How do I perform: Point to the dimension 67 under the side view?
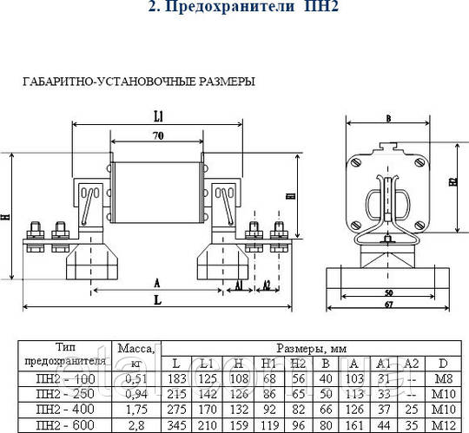click(x=389, y=305)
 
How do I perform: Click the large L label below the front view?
click(x=155, y=299)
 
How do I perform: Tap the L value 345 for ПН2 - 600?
click(x=177, y=424)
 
